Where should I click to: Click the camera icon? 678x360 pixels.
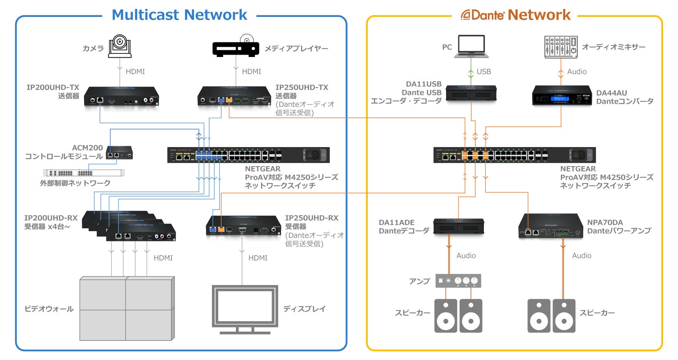coord(119,46)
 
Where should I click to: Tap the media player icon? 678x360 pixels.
coord(235,48)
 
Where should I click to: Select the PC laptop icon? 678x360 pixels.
coord(471,46)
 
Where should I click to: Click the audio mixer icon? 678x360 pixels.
coord(560,47)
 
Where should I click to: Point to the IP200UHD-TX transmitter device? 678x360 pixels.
coord(121,97)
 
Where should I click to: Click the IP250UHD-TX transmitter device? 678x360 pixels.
coord(234,97)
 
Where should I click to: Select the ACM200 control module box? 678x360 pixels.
coord(119,152)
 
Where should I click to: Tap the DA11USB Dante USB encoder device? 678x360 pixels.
coord(471,93)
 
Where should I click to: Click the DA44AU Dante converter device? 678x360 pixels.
coord(562,96)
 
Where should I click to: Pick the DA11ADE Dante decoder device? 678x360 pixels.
coord(458,226)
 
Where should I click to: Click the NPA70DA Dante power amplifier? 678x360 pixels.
coord(550,226)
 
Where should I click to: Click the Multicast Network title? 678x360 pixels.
coord(179,15)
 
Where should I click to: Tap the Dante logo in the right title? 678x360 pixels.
coord(483,15)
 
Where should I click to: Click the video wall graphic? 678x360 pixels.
coord(127,309)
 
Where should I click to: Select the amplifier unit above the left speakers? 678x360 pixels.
coord(458,281)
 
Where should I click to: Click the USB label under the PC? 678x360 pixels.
coord(484,72)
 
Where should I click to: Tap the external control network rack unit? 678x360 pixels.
coord(84,173)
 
